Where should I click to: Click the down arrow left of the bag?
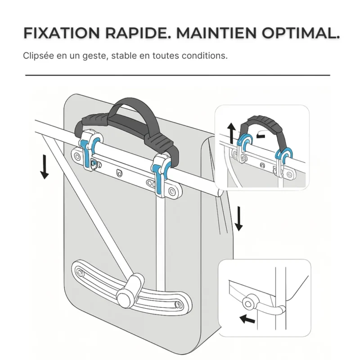[44, 166]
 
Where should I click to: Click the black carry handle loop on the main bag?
[130, 110]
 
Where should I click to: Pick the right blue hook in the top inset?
[285, 155]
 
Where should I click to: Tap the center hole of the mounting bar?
[119, 172]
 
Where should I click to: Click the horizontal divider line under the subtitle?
[178, 75]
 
